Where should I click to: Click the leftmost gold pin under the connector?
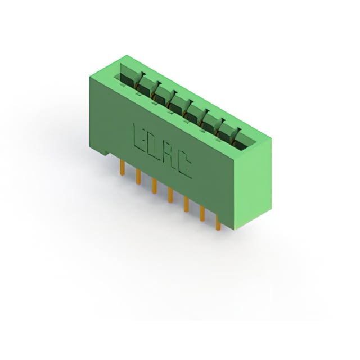[x=123, y=168]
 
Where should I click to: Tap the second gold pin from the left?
[x=138, y=177]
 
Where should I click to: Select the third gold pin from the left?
[x=154, y=186]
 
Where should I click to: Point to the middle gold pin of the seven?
[x=170, y=195]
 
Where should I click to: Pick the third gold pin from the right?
[x=186, y=205]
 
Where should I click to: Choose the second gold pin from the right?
[x=202, y=214]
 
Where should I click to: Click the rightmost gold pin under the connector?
[x=218, y=222]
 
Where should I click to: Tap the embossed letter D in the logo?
[x=156, y=145]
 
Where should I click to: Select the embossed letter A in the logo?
[x=170, y=154]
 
